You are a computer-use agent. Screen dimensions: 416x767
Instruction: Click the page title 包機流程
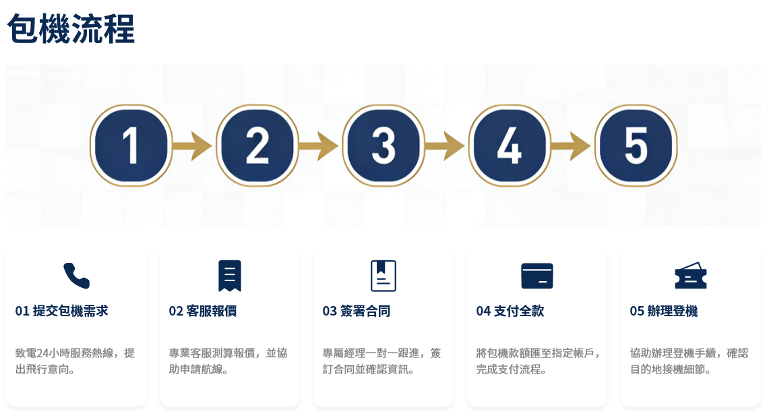pyautogui.click(x=71, y=29)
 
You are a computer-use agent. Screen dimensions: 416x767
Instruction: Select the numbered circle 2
pyautogui.click(x=257, y=146)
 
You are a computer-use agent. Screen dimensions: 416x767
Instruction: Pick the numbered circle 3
pyautogui.click(x=383, y=146)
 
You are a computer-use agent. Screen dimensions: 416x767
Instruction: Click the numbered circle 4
pyautogui.click(x=510, y=146)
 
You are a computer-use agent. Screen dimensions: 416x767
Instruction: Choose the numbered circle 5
pyautogui.click(x=636, y=146)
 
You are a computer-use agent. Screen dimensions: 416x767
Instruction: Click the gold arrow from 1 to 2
pyautogui.click(x=192, y=146)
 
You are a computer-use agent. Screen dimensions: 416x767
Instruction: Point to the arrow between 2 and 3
pyautogui.click(x=318, y=146)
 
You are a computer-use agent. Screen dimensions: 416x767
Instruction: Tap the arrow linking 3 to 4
pyautogui.click(x=444, y=146)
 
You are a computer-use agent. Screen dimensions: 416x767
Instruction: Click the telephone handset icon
pyautogui.click(x=76, y=276)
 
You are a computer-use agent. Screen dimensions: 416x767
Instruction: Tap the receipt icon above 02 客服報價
pyautogui.click(x=230, y=276)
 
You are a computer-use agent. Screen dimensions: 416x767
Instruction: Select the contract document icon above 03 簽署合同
pyautogui.click(x=383, y=276)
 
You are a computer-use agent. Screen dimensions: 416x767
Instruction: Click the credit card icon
pyautogui.click(x=537, y=276)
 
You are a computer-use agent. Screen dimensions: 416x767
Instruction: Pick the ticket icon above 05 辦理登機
pyautogui.click(x=691, y=276)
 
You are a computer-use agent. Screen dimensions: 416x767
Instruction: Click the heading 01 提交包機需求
pyautogui.click(x=61, y=311)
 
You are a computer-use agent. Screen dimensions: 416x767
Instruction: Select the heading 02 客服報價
pyautogui.click(x=203, y=311)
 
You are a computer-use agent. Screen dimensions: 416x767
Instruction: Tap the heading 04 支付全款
pyautogui.click(x=510, y=311)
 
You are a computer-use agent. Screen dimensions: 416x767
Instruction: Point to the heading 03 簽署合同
pyautogui.click(x=357, y=311)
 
